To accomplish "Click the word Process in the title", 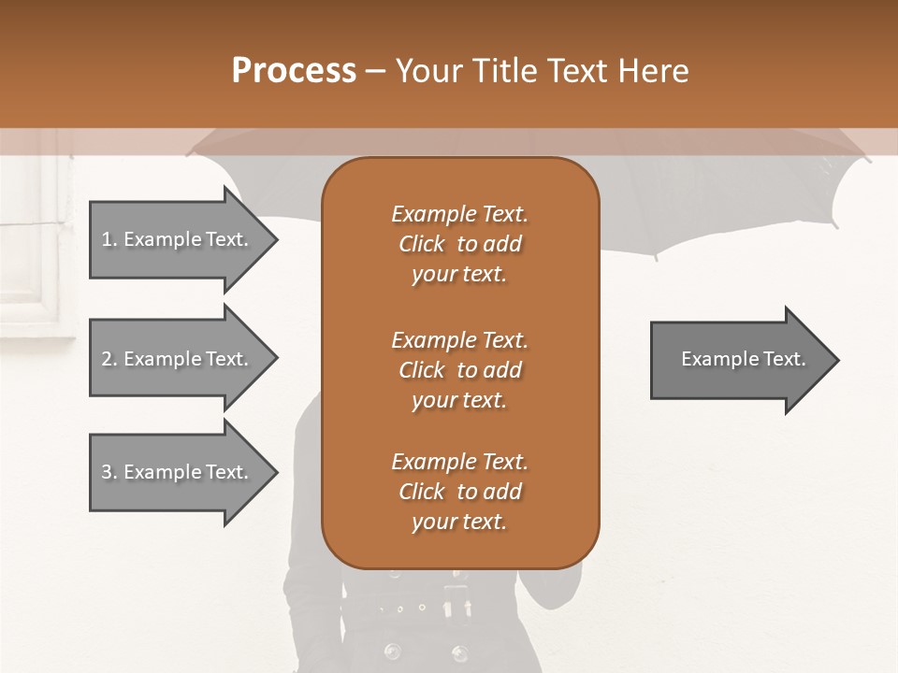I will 294,71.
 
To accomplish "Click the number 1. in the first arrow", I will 109,239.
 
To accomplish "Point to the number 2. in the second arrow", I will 109,359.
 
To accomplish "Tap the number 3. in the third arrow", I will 109,472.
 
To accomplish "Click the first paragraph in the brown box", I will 459,244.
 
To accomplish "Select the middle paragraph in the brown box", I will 459,370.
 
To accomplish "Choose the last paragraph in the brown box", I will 459,492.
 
